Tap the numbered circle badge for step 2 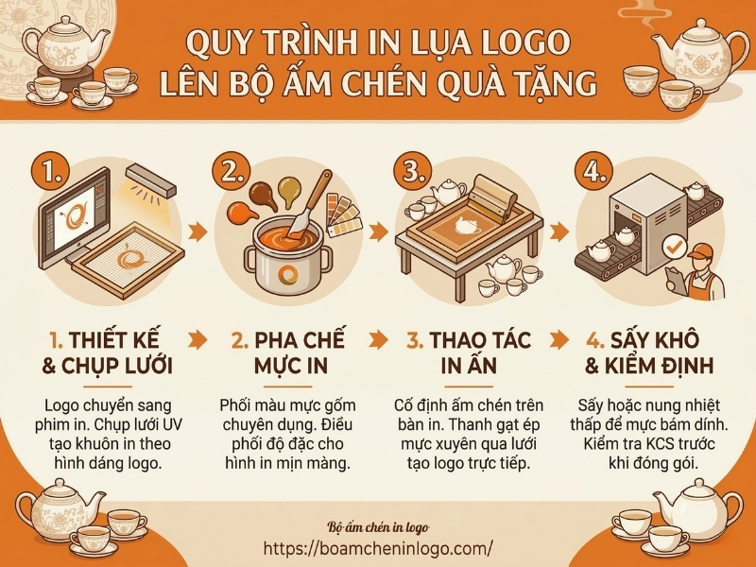(x=233, y=172)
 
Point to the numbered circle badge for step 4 (x=593, y=172)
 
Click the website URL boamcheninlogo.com (x=379, y=547)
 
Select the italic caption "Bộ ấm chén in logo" (x=378, y=525)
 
